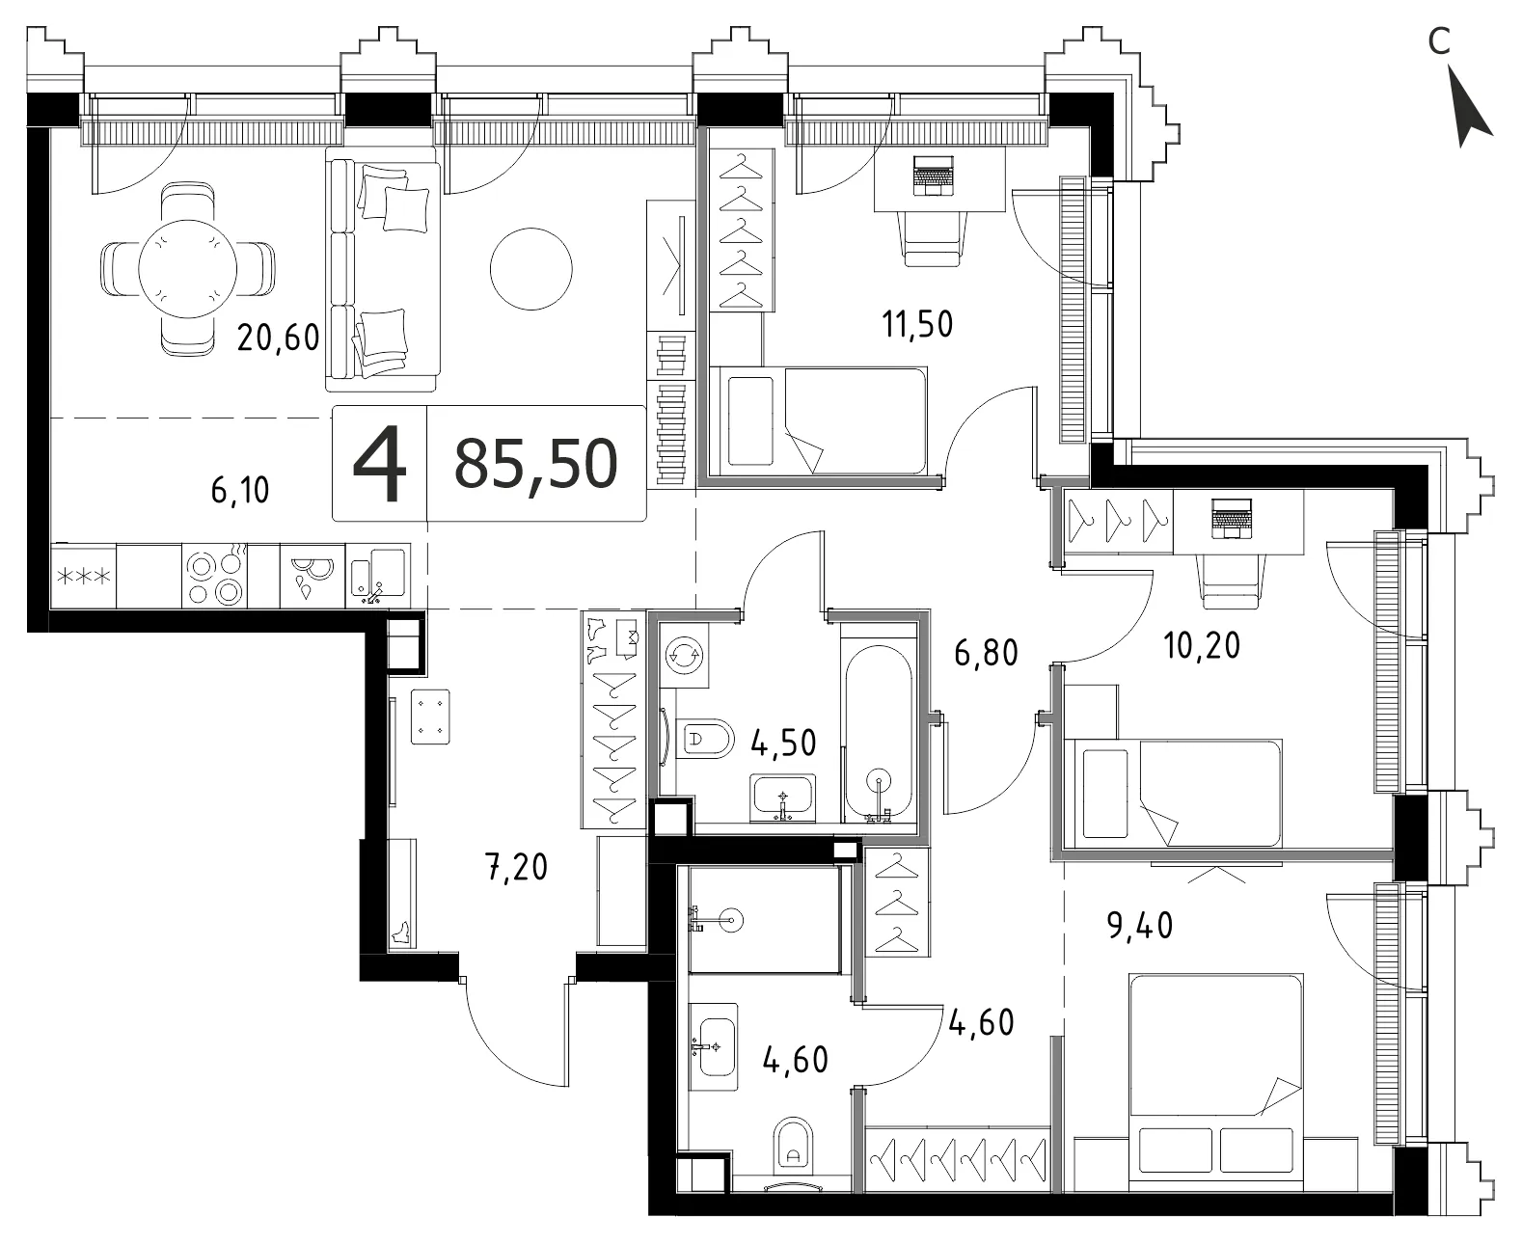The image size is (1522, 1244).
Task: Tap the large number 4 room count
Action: [380, 463]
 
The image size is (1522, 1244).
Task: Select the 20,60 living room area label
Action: [278, 338]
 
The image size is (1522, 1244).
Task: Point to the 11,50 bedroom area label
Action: [916, 325]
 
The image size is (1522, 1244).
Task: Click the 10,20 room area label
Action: [1202, 645]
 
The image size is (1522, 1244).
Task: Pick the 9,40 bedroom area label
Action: [1140, 926]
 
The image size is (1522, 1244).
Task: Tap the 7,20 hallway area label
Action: [517, 867]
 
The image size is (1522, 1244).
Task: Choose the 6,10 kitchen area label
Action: [240, 491]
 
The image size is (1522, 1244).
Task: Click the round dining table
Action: [188, 269]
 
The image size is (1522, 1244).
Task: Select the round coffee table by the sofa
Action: [531, 269]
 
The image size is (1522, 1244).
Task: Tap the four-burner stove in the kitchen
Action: [214, 577]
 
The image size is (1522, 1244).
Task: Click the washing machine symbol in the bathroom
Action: [684, 656]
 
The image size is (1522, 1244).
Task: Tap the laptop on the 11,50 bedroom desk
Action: [933, 176]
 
